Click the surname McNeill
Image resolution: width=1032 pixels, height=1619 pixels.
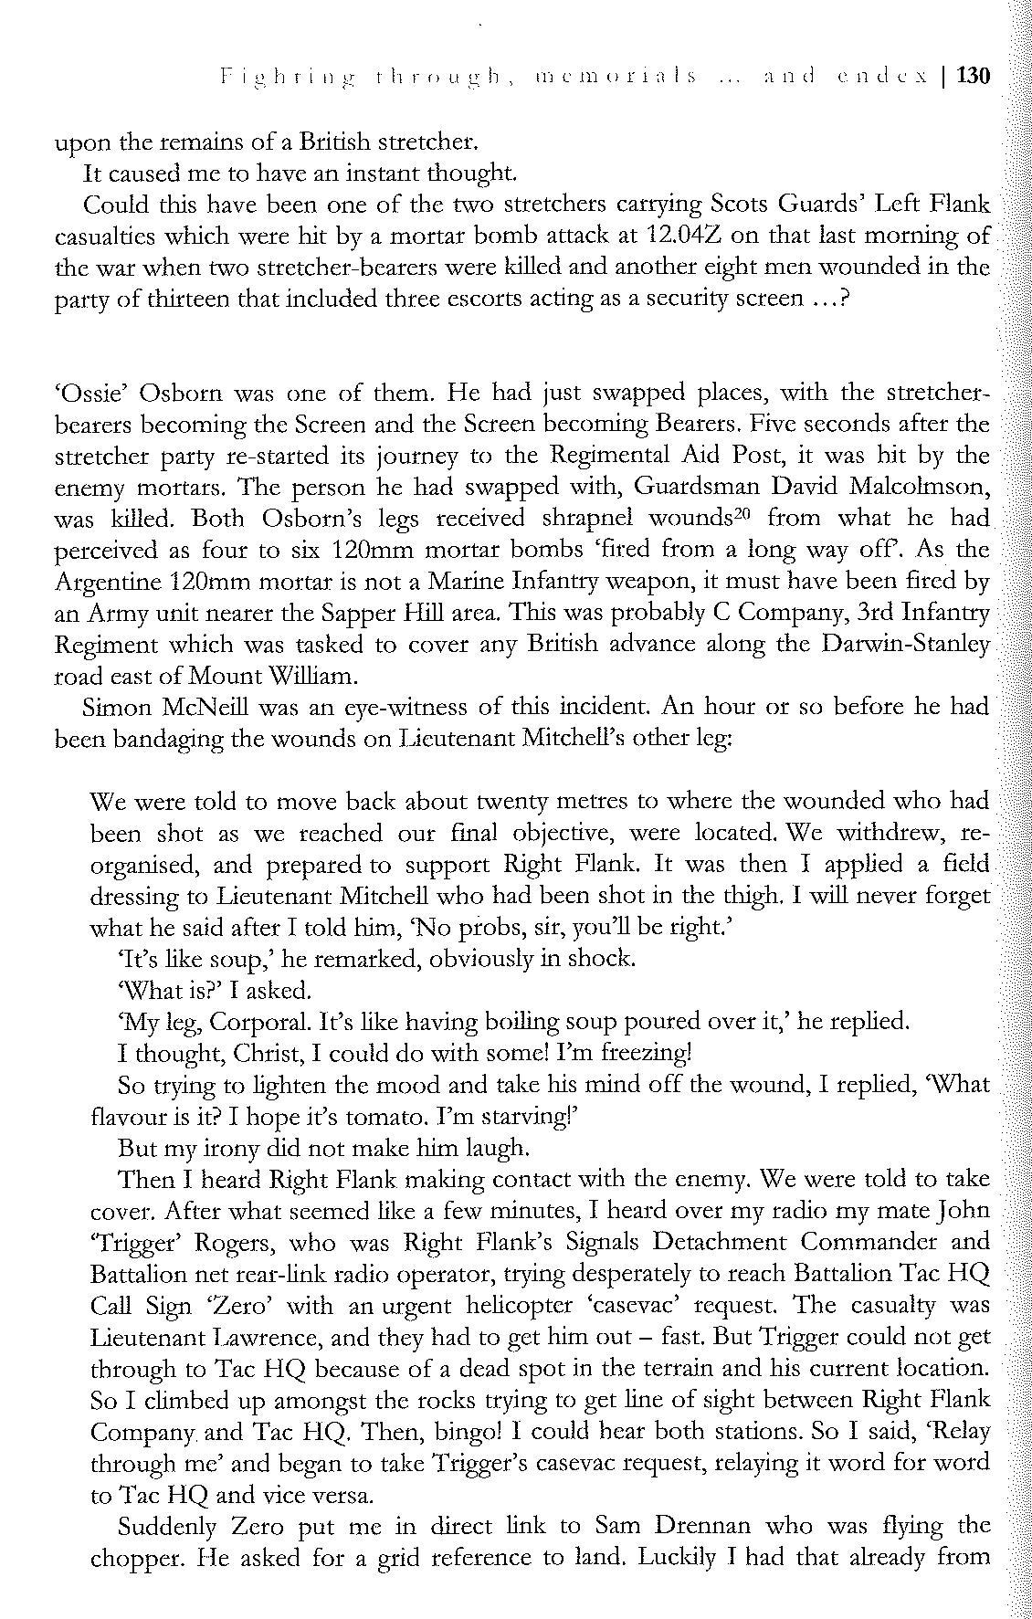tap(219, 707)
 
